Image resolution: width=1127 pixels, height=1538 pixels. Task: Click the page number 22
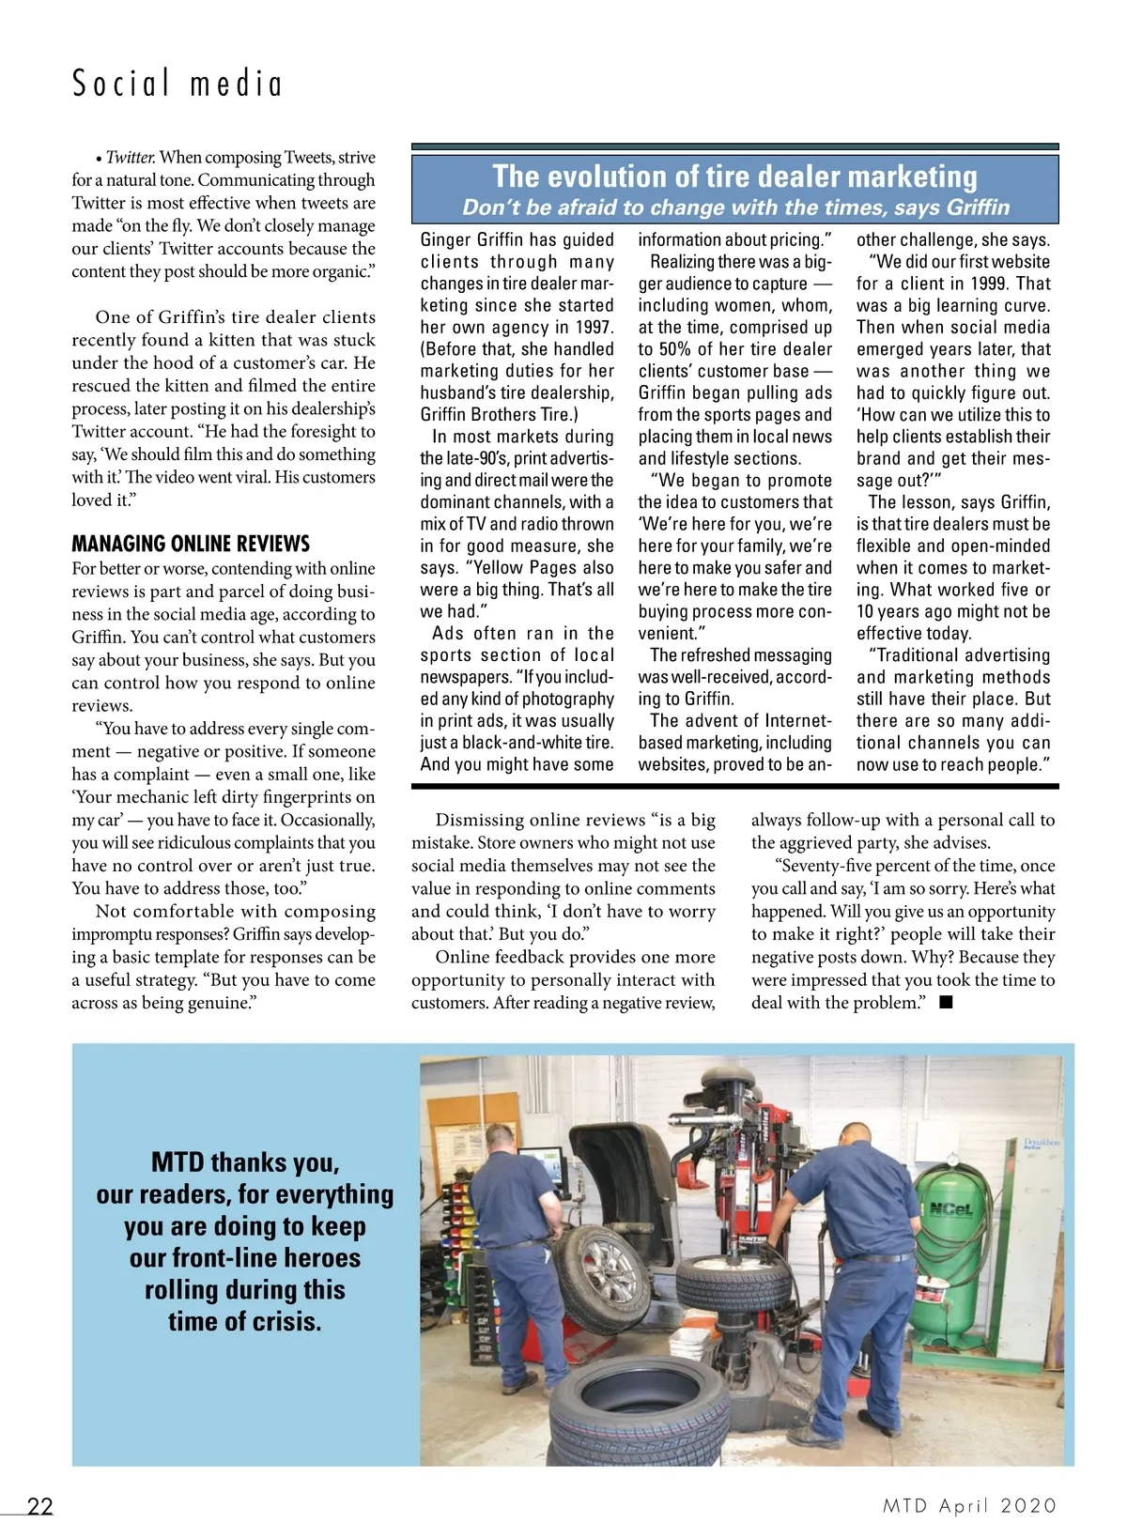pos(40,1506)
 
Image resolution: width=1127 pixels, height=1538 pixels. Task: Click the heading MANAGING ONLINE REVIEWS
pos(191,544)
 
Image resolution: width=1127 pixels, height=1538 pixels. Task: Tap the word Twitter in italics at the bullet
pos(130,157)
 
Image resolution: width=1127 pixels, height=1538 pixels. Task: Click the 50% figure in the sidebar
pos(673,349)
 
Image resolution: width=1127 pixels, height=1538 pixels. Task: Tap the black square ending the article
pos(946,1002)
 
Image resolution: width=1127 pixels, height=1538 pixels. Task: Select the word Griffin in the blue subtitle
pos(978,208)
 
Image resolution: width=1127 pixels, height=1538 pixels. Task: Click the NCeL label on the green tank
pos(949,1209)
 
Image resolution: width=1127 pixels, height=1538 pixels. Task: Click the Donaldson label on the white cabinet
pos(1041,1144)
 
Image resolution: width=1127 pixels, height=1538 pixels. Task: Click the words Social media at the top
pos(178,84)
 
